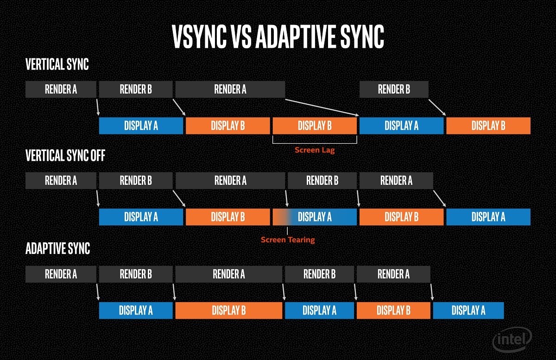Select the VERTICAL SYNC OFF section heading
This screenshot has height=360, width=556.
[65, 156]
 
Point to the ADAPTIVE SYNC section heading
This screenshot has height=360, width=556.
[57, 248]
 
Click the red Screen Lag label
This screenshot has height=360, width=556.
[315, 150]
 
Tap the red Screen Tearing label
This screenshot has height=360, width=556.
[288, 240]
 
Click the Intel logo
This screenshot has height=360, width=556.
[512, 341]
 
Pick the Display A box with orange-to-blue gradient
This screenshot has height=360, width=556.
[315, 217]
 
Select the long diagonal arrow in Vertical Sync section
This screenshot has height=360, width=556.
[322, 107]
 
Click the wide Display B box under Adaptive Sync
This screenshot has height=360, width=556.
[228, 310]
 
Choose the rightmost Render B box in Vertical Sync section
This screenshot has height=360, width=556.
[394, 89]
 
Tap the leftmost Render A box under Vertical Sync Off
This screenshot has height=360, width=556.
[61, 180]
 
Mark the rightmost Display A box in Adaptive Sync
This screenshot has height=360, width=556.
[468, 310]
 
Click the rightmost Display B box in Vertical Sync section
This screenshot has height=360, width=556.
[488, 126]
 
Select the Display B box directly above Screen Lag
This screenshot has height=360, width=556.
[315, 126]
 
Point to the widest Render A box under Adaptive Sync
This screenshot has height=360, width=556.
[229, 274]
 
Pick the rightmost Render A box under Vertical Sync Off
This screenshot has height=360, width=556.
[396, 180]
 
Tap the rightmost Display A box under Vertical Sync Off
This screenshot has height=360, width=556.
[488, 217]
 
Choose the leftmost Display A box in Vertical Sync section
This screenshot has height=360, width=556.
[141, 126]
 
